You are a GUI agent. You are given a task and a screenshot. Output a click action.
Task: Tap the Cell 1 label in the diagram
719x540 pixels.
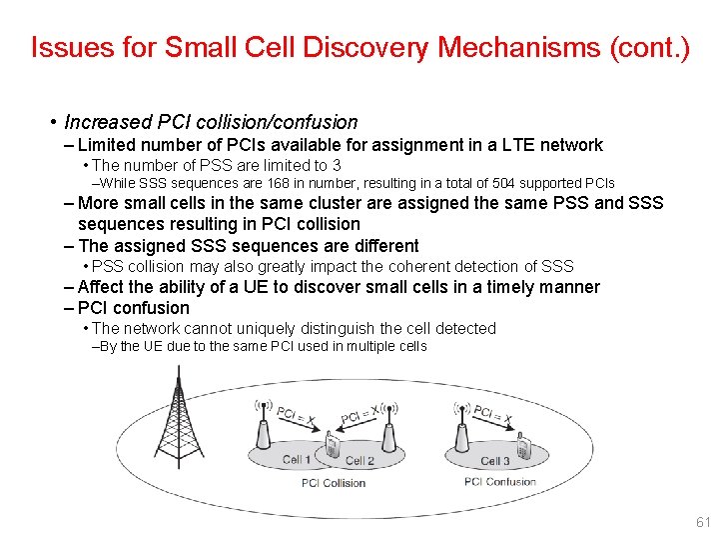point(298,460)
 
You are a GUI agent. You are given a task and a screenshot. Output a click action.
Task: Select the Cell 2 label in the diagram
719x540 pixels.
point(359,461)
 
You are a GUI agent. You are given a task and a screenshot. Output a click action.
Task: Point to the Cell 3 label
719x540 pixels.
point(495,461)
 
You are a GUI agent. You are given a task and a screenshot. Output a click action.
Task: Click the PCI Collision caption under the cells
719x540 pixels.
point(334,483)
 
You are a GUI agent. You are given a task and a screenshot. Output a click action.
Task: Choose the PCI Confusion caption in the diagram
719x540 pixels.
point(499,482)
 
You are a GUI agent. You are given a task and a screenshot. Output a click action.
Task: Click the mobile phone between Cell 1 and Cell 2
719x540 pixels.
point(331,447)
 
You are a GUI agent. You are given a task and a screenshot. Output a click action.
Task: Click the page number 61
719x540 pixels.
point(702,522)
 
